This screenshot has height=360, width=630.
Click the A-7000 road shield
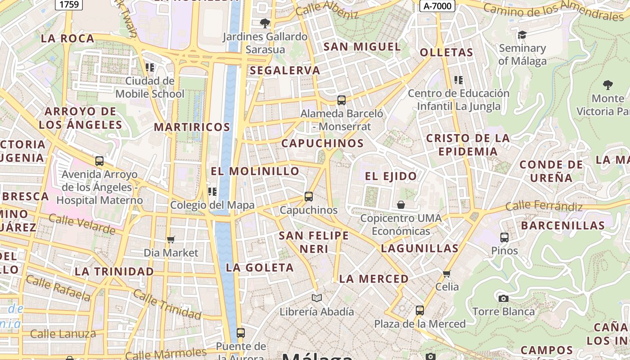(x=437, y=6)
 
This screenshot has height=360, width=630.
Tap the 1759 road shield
(x=68, y=4)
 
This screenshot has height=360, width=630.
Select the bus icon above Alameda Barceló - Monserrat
(x=342, y=100)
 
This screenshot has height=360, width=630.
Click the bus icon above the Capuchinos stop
(x=308, y=196)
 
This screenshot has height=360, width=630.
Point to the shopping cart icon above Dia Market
(x=171, y=239)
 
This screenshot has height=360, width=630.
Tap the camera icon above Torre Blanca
(x=503, y=298)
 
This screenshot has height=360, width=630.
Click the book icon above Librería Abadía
(x=317, y=298)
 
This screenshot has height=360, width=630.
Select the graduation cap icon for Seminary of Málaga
(x=522, y=35)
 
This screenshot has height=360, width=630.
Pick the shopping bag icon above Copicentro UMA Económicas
(x=401, y=205)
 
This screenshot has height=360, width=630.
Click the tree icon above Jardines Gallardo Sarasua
(x=265, y=23)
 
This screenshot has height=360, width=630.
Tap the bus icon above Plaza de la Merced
(x=419, y=310)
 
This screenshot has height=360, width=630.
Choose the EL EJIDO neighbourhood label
(x=391, y=176)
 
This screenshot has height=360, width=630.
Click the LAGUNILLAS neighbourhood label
(x=419, y=248)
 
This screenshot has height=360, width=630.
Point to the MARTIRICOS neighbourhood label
(x=192, y=127)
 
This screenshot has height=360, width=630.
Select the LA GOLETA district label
(x=260, y=267)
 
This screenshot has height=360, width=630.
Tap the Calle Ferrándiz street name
(x=544, y=207)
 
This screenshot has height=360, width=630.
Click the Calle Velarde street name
(x=81, y=224)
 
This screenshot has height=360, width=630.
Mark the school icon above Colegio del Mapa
(x=212, y=192)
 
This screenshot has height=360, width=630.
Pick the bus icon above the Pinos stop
(x=504, y=237)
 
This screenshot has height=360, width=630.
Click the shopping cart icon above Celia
(x=447, y=273)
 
